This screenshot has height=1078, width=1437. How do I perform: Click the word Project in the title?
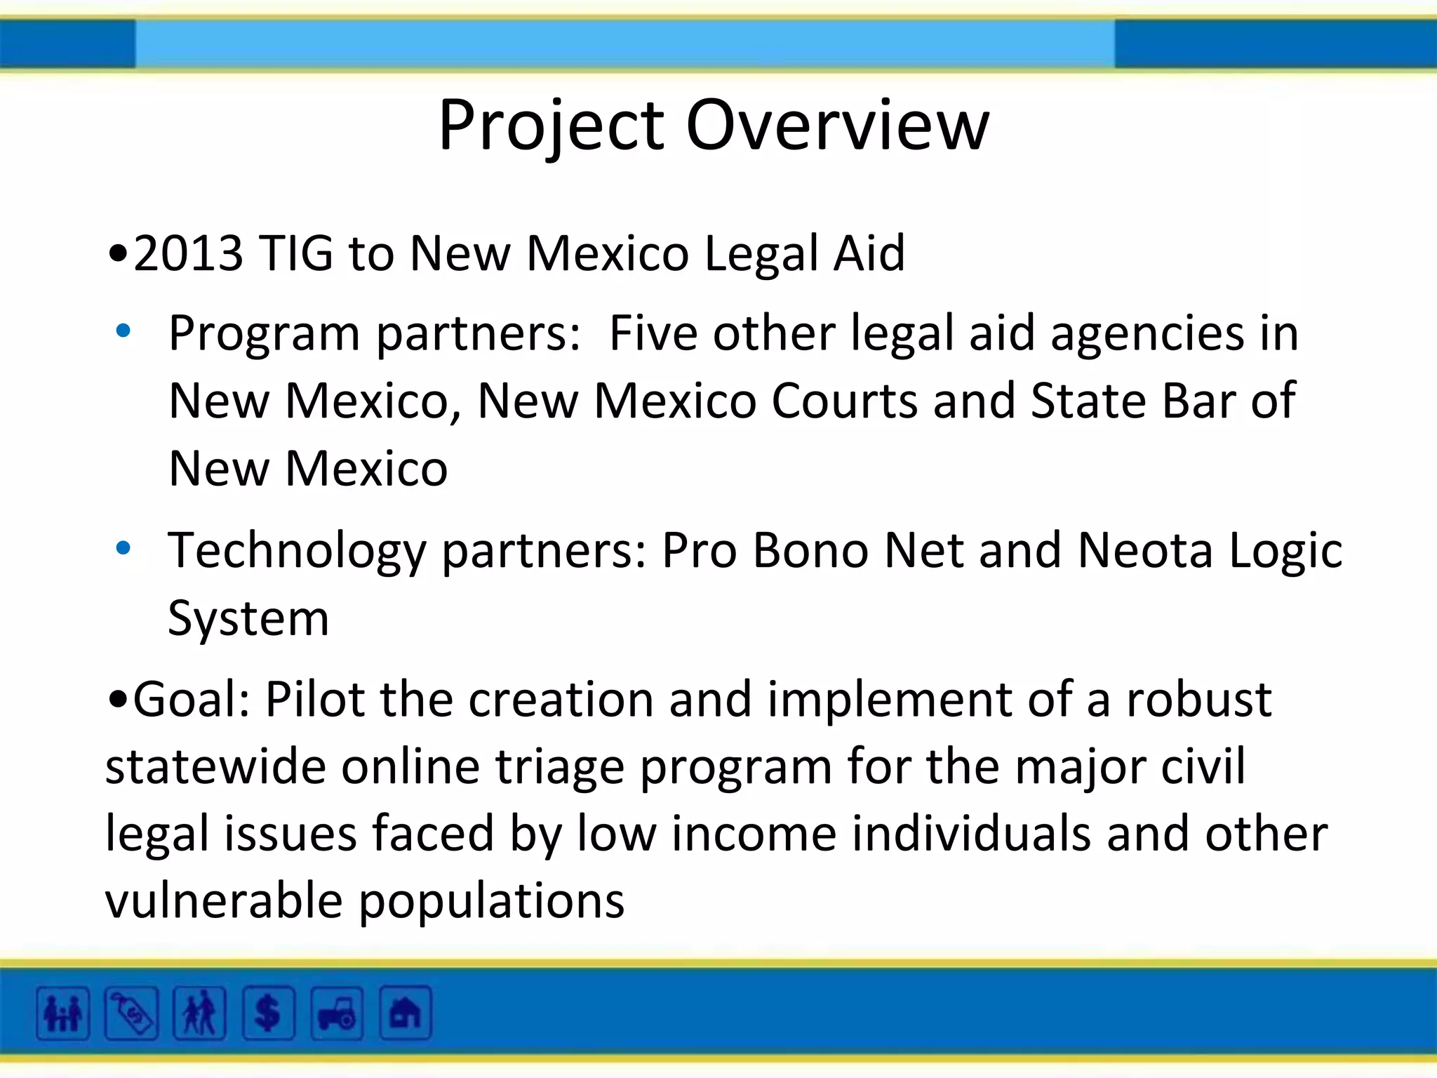pos(552,126)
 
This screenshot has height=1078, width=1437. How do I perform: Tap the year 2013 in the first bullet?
pos(188,253)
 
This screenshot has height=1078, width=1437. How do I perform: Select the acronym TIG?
pos(295,253)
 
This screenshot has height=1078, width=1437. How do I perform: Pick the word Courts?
pos(844,401)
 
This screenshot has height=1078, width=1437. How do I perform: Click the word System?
pos(248,620)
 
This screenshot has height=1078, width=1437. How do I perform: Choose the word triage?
pos(559,766)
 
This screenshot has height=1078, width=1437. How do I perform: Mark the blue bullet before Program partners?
pos(123,331)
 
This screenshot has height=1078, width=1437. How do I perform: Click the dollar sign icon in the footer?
pos(267,1013)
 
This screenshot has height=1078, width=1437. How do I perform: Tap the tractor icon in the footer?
pos(337,1013)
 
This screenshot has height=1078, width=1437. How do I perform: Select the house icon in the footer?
pos(405,1013)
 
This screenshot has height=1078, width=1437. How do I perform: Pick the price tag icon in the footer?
pos(131,1013)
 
